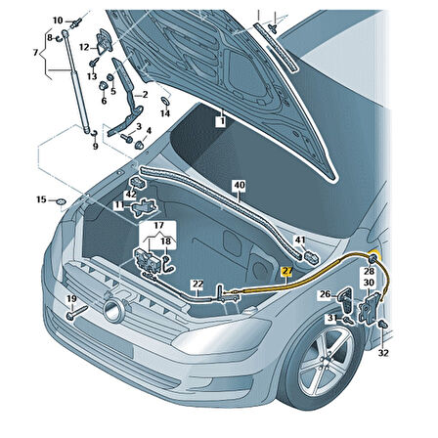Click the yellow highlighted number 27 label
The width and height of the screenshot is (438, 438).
pyautogui.click(x=286, y=274)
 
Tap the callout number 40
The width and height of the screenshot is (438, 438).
pyautogui.click(x=240, y=185)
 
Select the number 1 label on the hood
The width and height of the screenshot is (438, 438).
pyautogui.click(x=221, y=122)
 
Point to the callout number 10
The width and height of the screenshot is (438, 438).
pyautogui.click(x=58, y=20)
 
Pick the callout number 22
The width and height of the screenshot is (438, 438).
pyautogui.click(x=197, y=285)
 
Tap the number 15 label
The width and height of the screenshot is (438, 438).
pyautogui.click(x=40, y=200)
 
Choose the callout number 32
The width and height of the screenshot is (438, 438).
pyautogui.click(x=383, y=352)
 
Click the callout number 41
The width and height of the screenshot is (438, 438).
pyautogui.click(x=301, y=241)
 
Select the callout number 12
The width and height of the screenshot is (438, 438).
pyautogui.click(x=85, y=47)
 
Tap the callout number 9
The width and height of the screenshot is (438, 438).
pyautogui.click(x=95, y=146)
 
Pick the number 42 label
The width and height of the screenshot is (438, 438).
pyautogui.click(x=130, y=195)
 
